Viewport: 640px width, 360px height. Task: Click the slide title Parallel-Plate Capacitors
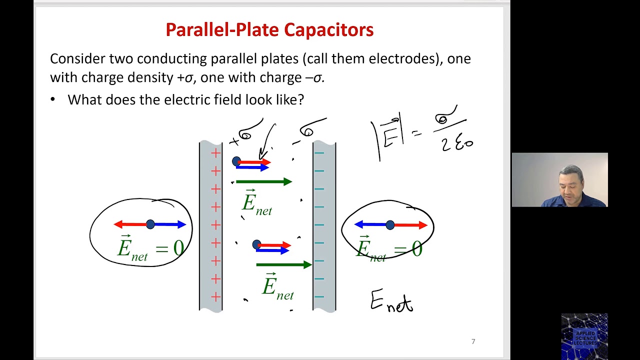[269, 30]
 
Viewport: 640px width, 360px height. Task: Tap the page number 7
[473, 341]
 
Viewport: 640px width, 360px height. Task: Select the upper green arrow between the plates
[263, 182]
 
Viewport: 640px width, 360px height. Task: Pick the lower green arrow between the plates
[283, 264]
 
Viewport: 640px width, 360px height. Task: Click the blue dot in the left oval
[150, 224]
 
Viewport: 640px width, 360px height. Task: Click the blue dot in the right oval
[390, 225]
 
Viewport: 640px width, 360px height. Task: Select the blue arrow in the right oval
[371, 225]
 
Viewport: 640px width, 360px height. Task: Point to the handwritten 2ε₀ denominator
[456, 143]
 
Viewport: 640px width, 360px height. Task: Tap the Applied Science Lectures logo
[584, 336]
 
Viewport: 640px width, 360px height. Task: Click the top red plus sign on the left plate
[215, 153]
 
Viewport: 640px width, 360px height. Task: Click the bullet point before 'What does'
[53, 99]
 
